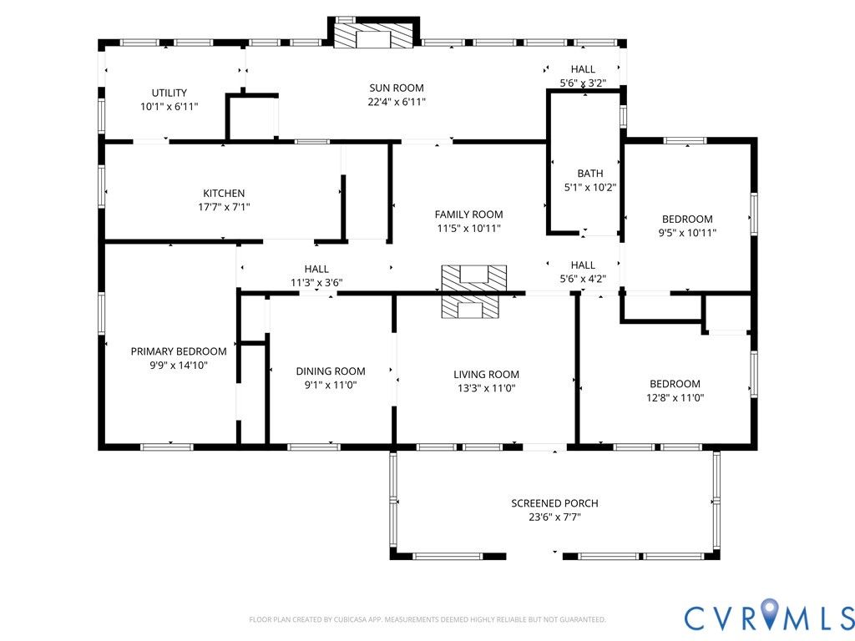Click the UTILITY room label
169,93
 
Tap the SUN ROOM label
397,88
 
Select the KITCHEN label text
224,193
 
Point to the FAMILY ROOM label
468,215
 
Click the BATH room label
590,174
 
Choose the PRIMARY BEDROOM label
179,351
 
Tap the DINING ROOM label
331,371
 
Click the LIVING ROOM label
487,375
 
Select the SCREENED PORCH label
554,503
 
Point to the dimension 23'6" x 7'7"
554,517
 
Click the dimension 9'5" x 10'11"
687,233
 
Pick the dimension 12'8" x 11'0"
675,398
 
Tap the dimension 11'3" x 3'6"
316,282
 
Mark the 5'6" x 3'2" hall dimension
583,83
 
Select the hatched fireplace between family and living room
474,291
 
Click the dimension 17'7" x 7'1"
224,207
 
